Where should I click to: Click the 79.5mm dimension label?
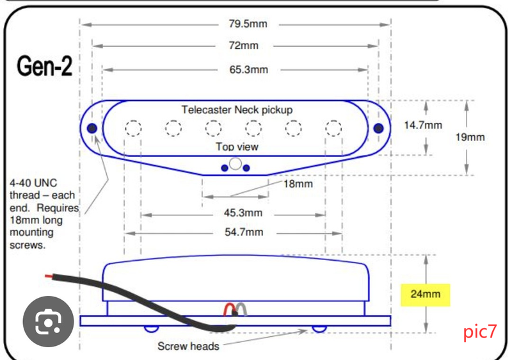coord(248,24)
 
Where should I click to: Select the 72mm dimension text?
coord(244,45)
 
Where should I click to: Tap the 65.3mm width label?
coord(248,70)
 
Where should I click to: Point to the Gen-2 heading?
coord(44,66)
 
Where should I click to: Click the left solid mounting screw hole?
coord(92,128)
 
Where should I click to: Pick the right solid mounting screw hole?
coord(378,128)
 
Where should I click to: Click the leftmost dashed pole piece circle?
coord(133,128)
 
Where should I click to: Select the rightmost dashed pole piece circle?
coord(333,128)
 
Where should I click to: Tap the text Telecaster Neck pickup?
coord(237,110)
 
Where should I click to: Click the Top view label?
coord(237,147)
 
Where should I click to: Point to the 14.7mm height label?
coord(423,125)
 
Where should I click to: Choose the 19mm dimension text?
coord(470,137)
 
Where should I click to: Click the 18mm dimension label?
coord(298,184)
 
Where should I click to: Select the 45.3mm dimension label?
coord(243,213)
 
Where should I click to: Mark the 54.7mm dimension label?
coord(244,233)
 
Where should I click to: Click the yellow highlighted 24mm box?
coord(426,295)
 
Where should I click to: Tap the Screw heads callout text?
coord(188,347)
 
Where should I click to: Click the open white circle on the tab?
coord(236,164)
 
